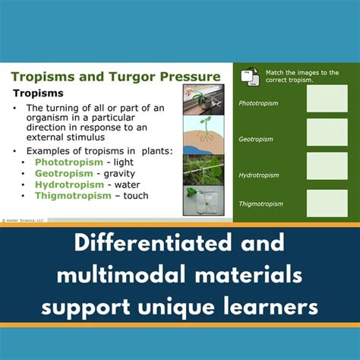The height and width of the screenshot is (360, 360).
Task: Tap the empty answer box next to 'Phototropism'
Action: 327,99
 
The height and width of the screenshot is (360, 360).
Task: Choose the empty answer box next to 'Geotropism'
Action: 327,133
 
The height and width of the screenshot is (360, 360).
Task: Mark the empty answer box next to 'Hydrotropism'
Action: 327,167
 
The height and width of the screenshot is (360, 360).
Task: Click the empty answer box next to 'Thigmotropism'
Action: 327,203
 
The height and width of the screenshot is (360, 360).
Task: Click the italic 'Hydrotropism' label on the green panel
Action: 259,175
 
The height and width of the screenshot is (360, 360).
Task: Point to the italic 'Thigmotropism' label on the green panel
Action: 261,204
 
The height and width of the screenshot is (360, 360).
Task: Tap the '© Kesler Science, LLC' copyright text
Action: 25,219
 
